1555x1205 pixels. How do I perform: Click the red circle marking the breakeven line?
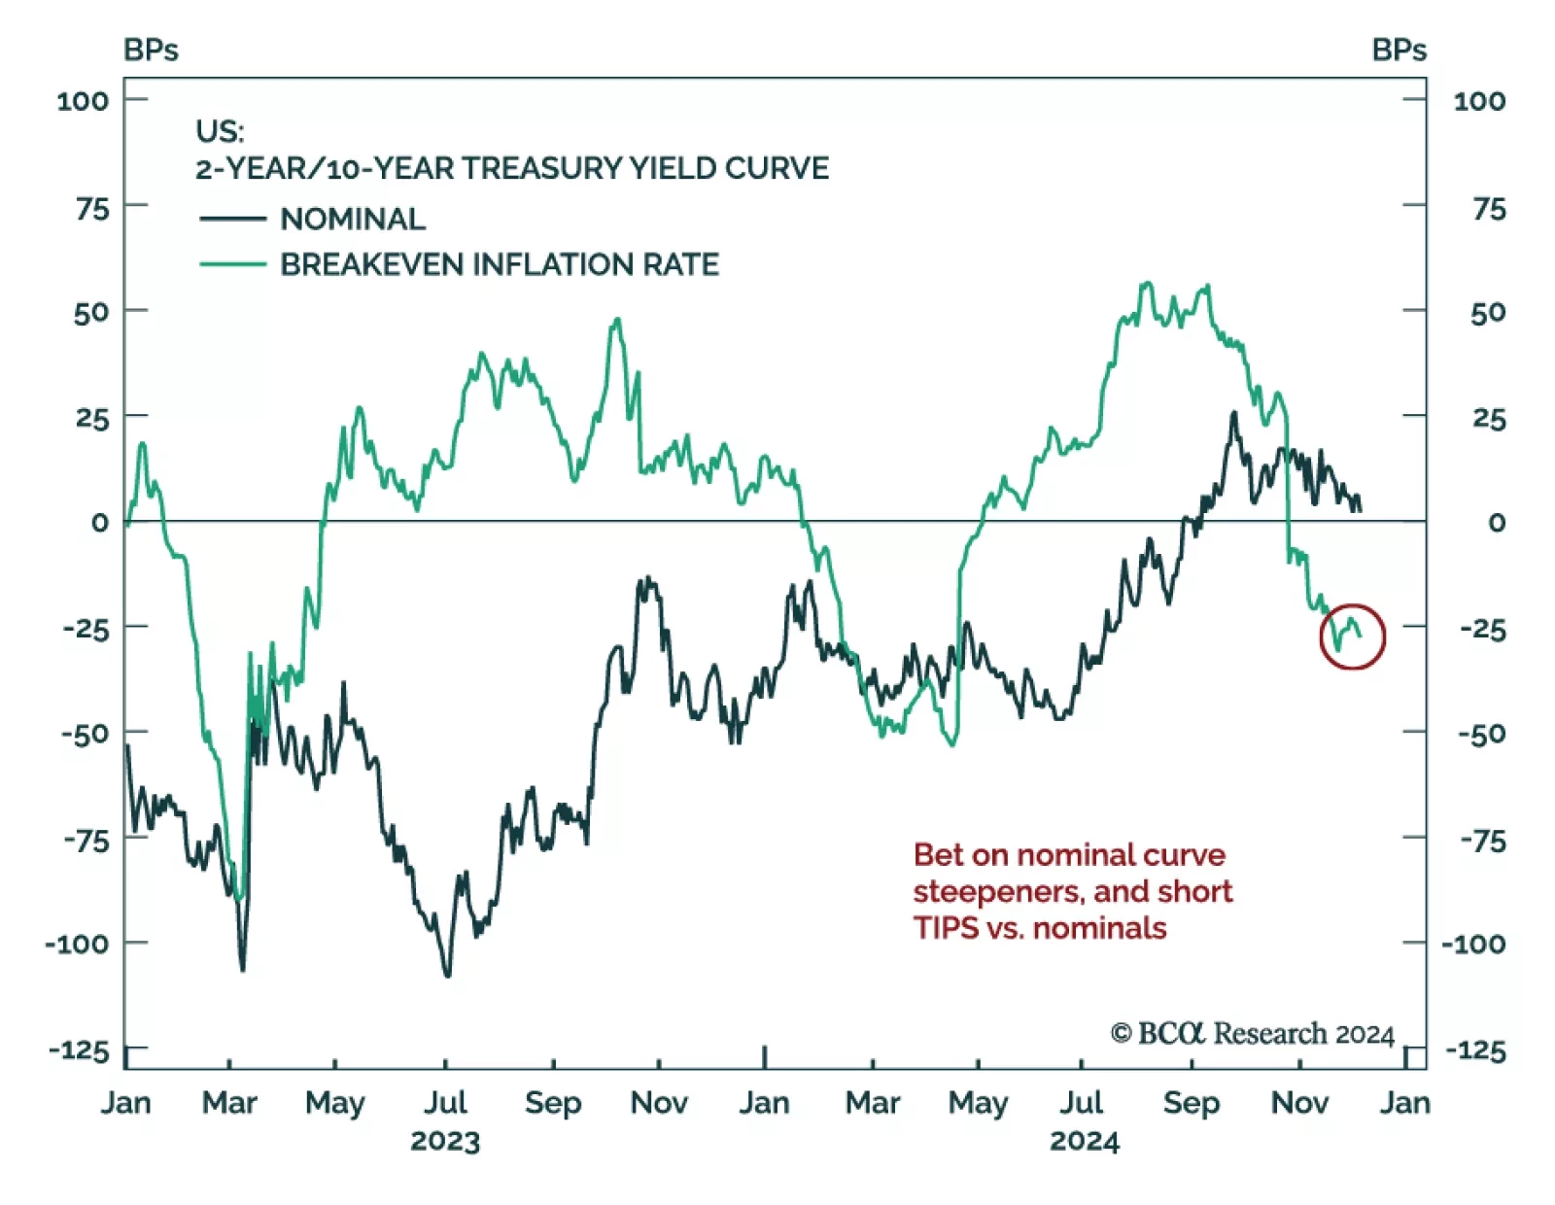1352,637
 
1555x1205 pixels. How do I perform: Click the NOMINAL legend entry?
352,220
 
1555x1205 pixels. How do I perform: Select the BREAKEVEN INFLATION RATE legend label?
500,264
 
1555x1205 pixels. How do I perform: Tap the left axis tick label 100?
83,101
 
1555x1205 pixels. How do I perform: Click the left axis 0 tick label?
99,523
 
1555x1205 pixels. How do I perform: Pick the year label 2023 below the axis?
445,1141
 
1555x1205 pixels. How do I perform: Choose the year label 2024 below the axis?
1084,1141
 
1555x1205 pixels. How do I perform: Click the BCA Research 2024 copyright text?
1252,1033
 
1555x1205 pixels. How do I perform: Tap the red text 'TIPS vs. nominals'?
1039,928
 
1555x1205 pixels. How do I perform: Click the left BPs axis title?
151,51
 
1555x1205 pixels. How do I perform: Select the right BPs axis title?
1399,51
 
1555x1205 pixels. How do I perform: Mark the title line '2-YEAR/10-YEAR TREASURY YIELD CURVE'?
512,169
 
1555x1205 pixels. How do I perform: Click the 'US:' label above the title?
220,131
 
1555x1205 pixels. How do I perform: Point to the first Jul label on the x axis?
445,1103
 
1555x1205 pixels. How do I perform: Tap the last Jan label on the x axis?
1404,1103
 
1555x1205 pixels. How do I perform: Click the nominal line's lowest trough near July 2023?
447,975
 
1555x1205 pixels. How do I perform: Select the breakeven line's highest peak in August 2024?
1148,284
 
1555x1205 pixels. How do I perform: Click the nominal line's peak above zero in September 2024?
1234,414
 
